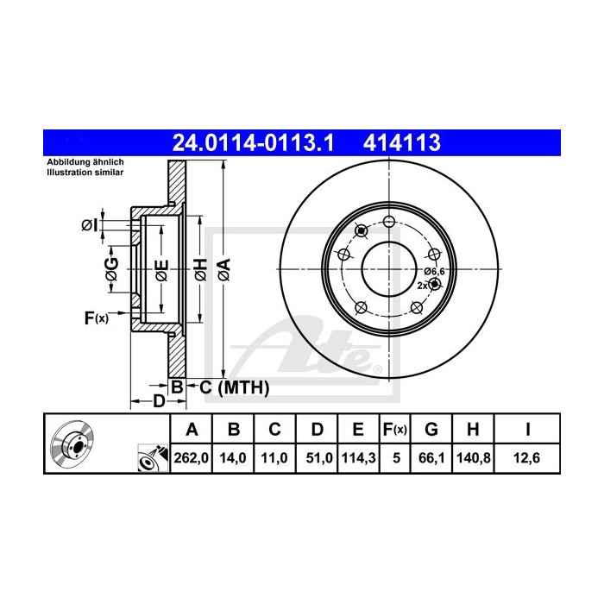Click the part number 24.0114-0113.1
click(253, 143)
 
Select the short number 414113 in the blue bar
click(402, 143)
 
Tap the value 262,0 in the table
click(191, 458)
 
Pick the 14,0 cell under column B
click(233, 458)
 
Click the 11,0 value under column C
click(274, 458)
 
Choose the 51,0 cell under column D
click(319, 458)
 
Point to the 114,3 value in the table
click(358, 458)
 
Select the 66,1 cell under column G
click(431, 458)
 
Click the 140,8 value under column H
click(474, 458)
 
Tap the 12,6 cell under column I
click(526, 458)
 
